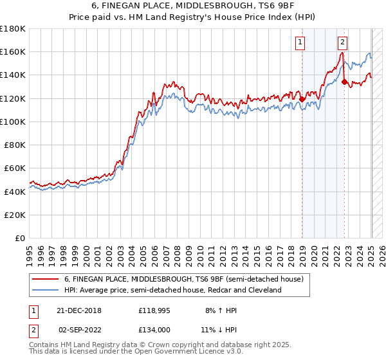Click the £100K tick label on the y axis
coord(13,122)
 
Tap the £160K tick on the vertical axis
coord(13,51)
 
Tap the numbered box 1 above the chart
coord(301,43)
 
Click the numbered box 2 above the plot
coord(343,43)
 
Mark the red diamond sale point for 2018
coord(302,99)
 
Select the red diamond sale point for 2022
coord(345,82)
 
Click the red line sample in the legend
coord(46,279)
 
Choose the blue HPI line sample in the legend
coord(46,290)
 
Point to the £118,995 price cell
coord(155,310)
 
